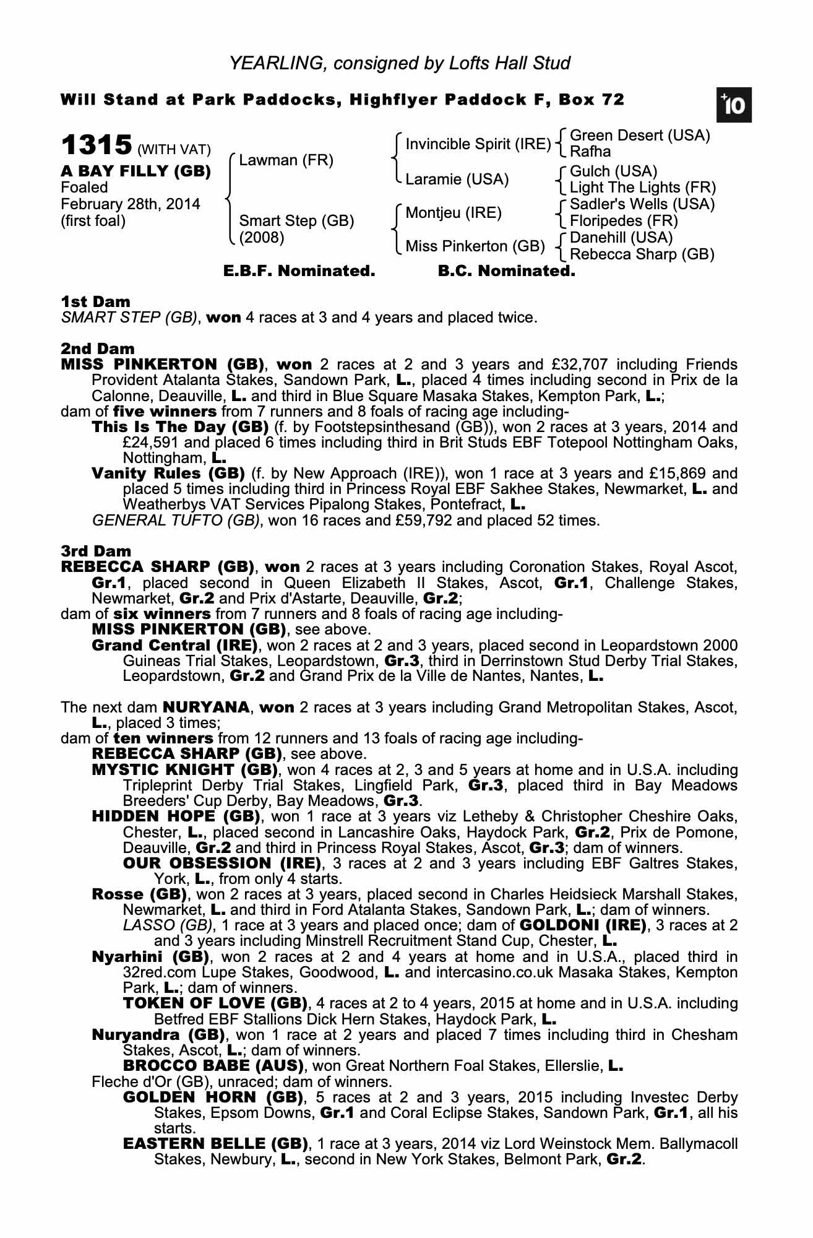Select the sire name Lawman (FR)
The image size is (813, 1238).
[x=286, y=161]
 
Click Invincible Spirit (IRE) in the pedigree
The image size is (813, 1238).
[x=478, y=144]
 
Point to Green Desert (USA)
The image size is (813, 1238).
[x=639, y=136]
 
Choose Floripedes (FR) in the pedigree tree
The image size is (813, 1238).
[x=623, y=221]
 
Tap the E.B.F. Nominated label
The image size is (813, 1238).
[x=299, y=271]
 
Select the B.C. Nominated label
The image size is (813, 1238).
[x=506, y=271]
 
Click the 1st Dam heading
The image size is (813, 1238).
[x=95, y=302]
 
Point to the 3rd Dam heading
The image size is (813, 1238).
[x=96, y=552]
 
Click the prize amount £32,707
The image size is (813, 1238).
[x=578, y=365]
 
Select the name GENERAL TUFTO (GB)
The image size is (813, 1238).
[x=175, y=521]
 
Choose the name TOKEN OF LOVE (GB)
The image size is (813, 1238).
[x=215, y=1003]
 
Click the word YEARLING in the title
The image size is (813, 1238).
[x=273, y=63]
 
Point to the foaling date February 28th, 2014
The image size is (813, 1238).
[x=130, y=204]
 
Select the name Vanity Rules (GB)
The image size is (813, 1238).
[x=168, y=474]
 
